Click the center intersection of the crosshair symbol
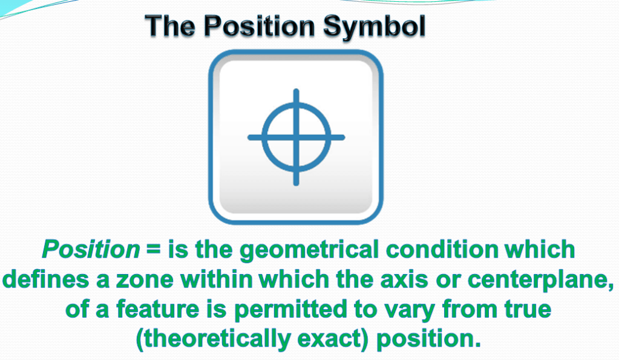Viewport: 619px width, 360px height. [296, 137]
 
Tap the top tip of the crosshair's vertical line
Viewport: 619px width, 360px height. [296, 91]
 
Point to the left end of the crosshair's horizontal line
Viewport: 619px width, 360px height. [249, 137]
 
